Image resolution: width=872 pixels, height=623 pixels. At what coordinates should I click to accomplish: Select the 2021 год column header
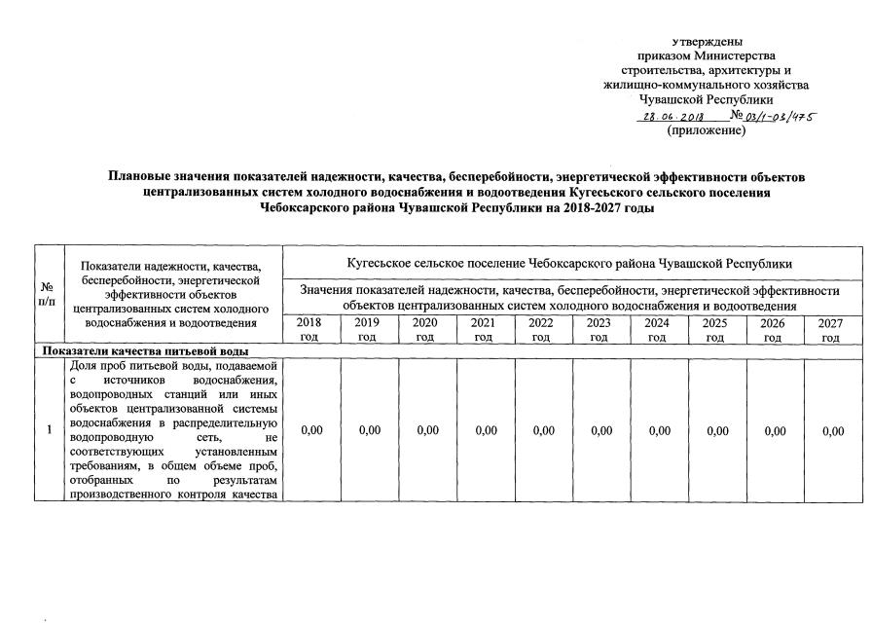[x=483, y=329]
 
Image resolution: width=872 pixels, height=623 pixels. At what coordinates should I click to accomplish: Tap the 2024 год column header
[x=657, y=329]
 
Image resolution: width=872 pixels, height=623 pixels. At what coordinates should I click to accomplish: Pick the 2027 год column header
[x=830, y=329]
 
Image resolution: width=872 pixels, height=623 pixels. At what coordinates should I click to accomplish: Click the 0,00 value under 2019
[x=369, y=431]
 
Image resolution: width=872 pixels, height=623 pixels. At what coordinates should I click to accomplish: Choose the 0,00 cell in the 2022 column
[x=541, y=431]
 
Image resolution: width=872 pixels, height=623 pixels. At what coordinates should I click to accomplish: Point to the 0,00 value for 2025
[x=715, y=431]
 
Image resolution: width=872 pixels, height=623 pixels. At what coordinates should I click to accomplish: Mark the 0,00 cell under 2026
[x=773, y=431]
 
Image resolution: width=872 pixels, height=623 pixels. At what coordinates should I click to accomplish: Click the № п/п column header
[x=46, y=295]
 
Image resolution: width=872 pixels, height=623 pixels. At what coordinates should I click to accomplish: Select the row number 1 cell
[x=46, y=431]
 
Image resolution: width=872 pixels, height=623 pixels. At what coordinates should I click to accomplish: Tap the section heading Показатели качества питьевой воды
[x=143, y=351]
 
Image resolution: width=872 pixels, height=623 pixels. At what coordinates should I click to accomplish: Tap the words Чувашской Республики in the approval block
[x=707, y=99]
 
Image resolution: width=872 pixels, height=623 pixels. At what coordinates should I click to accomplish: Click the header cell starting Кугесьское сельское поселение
[x=569, y=263]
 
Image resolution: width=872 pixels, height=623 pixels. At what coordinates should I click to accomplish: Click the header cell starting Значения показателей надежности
[x=569, y=298]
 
